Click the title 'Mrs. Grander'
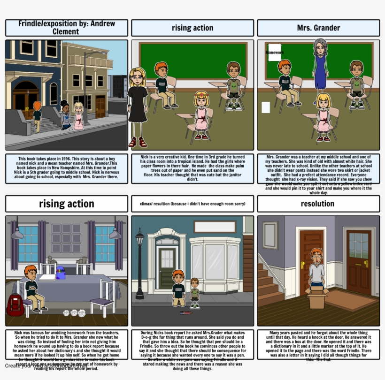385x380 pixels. click(x=318, y=28)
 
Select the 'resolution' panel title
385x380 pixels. click(x=318, y=204)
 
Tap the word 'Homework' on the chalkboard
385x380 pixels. click(x=275, y=53)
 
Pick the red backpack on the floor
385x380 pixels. click(x=15, y=305)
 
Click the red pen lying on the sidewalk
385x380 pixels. click(x=185, y=312)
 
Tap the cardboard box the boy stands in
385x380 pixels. click(x=317, y=296)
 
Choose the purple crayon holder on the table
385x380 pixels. click(x=61, y=273)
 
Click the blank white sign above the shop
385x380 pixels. click(x=215, y=227)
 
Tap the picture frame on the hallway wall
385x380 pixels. click(x=270, y=235)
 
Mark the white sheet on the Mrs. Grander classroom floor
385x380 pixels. click(x=266, y=107)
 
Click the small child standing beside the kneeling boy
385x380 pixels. click(x=194, y=293)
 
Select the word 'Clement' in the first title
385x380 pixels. click(x=66, y=32)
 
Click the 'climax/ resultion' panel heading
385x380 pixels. click(x=192, y=204)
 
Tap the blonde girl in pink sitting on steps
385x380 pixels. click(x=78, y=116)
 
